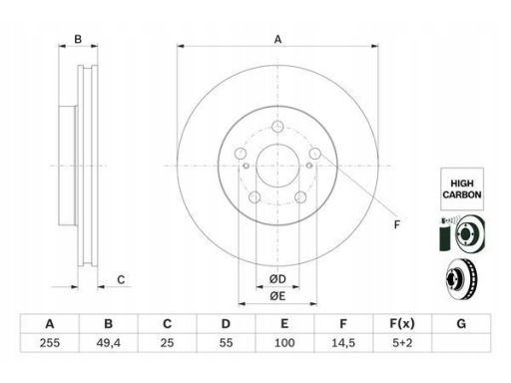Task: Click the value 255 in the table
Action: click(50, 343)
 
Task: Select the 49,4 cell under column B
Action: click(108, 343)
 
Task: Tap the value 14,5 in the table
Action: click(343, 343)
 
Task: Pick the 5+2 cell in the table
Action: click(402, 343)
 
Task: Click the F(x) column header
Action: click(402, 323)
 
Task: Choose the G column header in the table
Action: click(461, 323)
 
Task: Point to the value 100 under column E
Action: click(284, 343)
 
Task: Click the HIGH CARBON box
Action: click(462, 189)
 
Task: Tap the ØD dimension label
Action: click(277, 279)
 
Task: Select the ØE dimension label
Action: click(277, 296)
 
